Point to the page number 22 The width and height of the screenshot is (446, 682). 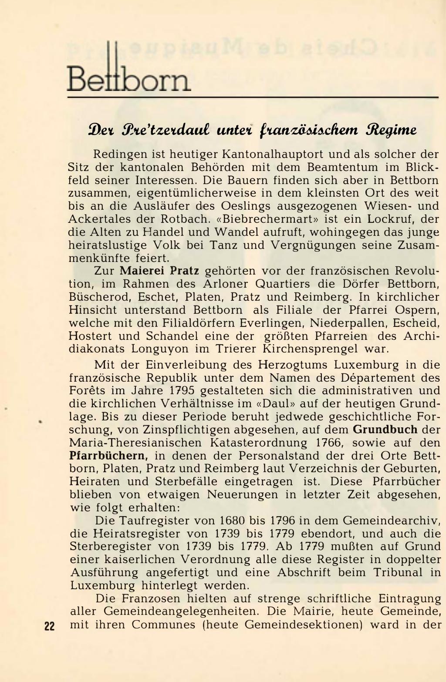pos(49,626)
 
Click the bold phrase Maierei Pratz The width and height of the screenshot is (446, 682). pos(159,271)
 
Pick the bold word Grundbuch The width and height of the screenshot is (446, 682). pos(385,430)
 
